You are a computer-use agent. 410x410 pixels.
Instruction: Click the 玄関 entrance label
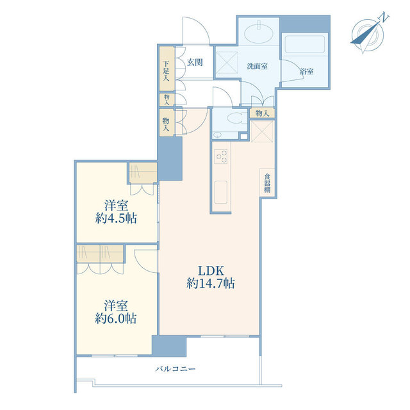195,63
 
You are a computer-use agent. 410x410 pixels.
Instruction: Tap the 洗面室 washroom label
258,66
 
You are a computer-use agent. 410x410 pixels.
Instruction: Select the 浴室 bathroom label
307,71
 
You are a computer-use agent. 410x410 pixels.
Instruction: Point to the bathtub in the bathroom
305,44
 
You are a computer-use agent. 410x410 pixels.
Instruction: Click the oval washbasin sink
259,33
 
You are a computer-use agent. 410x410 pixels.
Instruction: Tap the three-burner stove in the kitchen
221,156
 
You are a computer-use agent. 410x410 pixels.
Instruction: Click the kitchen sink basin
221,192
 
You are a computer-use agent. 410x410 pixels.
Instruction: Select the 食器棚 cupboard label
267,183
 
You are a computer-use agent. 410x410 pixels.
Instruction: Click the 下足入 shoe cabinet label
166,70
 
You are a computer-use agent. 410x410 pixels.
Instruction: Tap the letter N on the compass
384,17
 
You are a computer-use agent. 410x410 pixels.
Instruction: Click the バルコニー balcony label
176,369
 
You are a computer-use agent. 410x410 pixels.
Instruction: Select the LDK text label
211,270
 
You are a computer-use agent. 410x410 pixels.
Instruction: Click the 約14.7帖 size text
211,283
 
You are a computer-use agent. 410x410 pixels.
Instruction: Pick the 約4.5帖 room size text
116,218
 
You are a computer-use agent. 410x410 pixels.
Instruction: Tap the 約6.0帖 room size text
115,318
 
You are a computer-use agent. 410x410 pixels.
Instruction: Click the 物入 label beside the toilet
262,113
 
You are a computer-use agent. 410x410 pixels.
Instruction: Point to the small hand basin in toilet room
217,135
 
